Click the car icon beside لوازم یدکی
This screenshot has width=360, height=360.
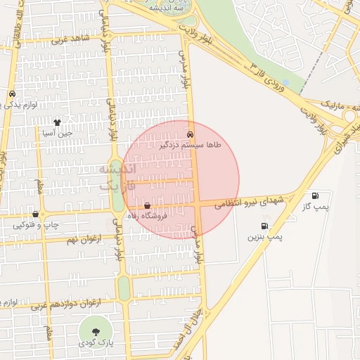click(x=12, y=94)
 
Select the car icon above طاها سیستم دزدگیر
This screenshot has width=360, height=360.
click(x=190, y=133)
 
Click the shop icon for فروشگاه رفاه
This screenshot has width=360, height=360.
click(x=147, y=205)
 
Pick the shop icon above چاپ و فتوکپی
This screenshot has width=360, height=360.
click(x=35, y=214)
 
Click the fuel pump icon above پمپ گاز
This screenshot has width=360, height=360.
click(x=314, y=195)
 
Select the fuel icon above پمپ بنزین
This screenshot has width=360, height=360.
click(x=264, y=226)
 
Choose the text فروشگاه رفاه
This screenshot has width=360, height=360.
click(x=161, y=216)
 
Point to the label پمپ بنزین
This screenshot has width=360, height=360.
click(x=264, y=237)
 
